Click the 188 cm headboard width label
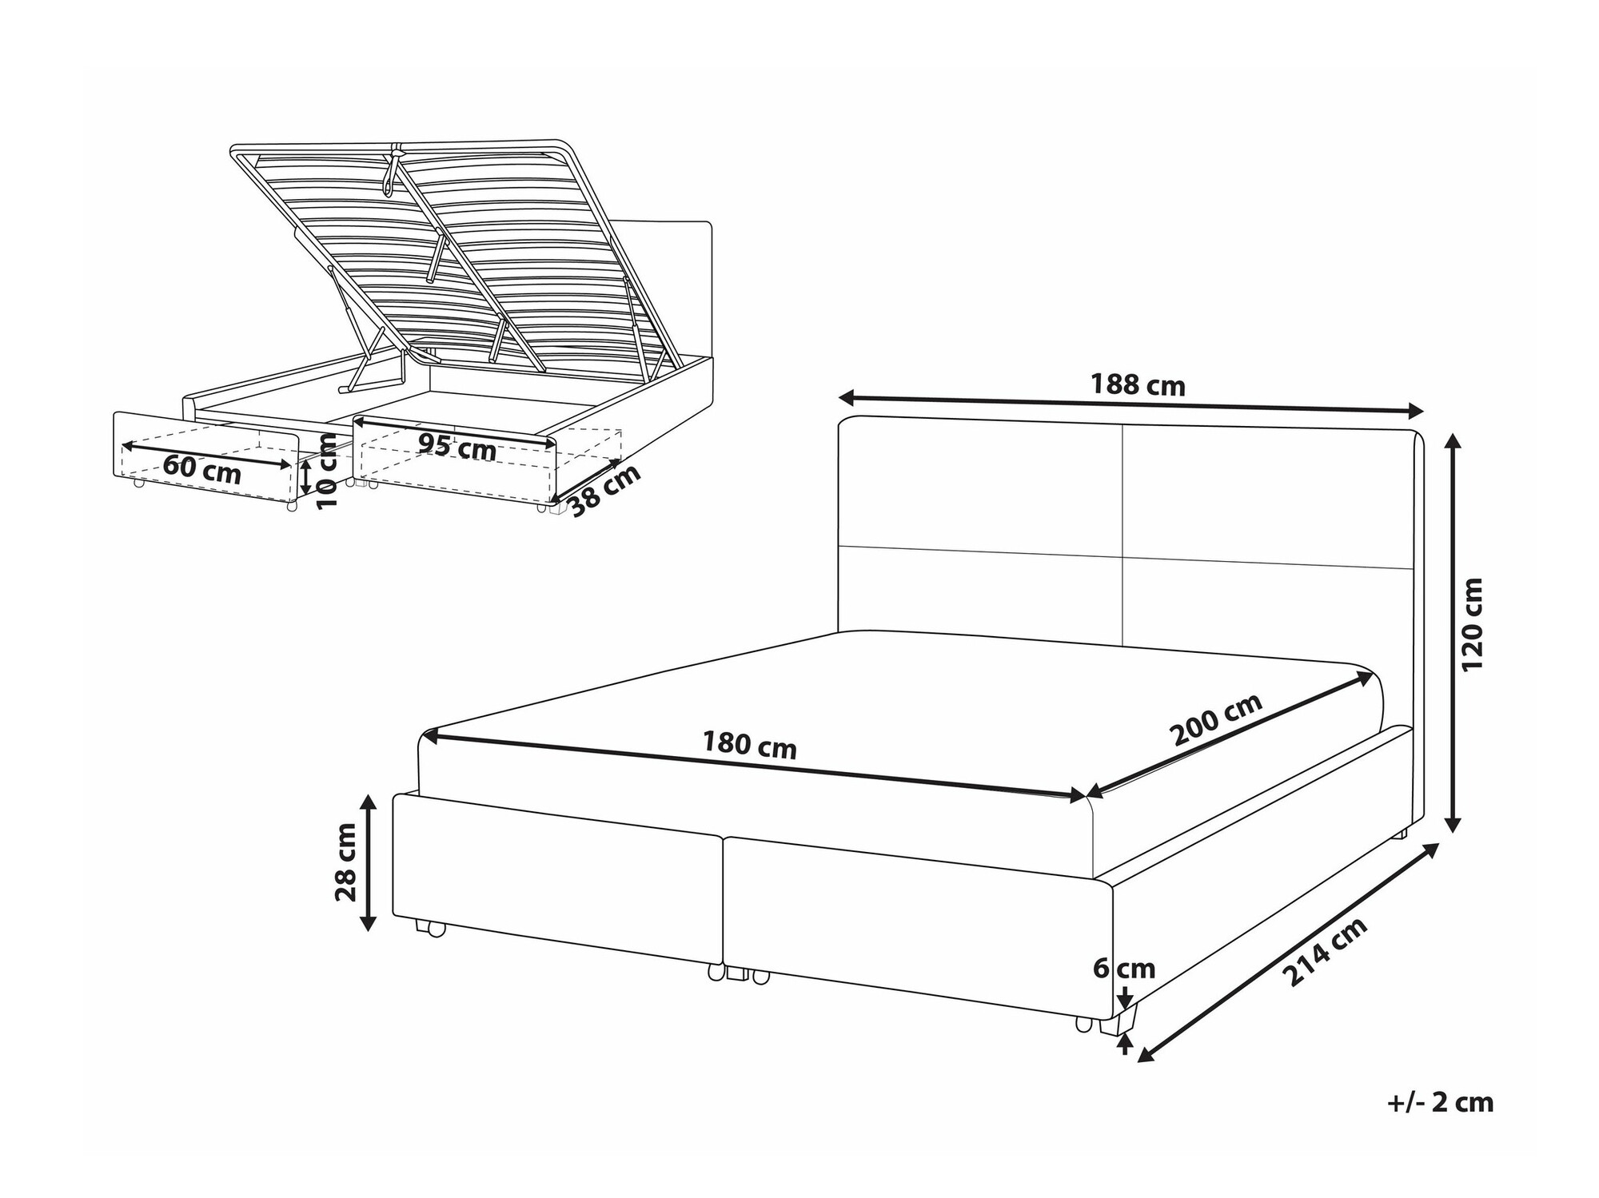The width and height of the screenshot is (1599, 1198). (1138, 385)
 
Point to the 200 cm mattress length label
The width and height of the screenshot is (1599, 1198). (1216, 718)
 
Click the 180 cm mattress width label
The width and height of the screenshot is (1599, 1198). (749, 745)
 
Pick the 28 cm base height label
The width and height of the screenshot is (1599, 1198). (345, 862)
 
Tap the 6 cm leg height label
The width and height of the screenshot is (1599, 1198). (1124, 969)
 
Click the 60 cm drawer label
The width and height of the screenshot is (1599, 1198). (201, 468)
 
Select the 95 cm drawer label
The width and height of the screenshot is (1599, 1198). (457, 448)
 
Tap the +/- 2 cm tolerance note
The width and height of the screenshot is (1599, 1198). (1440, 1102)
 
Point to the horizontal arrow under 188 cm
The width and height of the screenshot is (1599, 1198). (1131, 404)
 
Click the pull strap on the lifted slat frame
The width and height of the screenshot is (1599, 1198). (392, 170)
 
